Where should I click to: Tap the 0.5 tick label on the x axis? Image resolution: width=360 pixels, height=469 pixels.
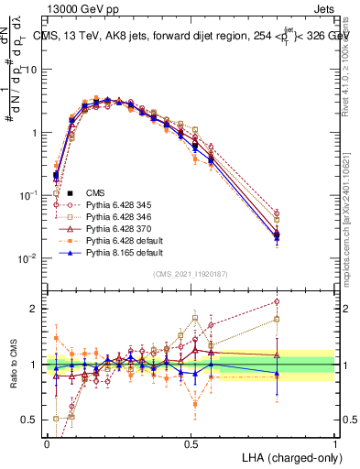pos(191,443)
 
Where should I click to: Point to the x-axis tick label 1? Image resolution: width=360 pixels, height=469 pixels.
pos(335,443)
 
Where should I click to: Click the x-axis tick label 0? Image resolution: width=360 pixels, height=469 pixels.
pos(47,443)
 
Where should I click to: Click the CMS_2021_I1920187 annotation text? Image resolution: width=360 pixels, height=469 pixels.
pos(191,274)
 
